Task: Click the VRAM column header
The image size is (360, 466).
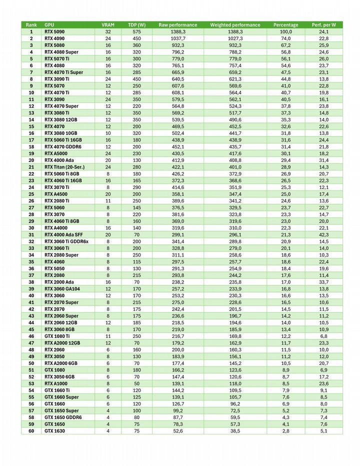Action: (x=107, y=25)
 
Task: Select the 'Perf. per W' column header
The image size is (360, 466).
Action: (x=323, y=25)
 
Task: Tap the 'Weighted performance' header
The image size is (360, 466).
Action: (x=235, y=25)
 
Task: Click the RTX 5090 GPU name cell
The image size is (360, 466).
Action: (x=58, y=31)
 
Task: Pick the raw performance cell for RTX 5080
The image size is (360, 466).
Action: (x=177, y=45)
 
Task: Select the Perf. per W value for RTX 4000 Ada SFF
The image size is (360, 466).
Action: (x=323, y=234)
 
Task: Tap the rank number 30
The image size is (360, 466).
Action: (x=31, y=228)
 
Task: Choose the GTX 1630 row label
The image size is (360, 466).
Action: (x=54, y=430)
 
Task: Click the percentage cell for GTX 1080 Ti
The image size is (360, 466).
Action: (x=285, y=336)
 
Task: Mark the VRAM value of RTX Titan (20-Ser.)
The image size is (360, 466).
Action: (x=107, y=167)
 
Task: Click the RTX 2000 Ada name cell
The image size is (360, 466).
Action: (x=59, y=282)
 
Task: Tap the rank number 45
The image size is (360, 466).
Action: (x=31, y=329)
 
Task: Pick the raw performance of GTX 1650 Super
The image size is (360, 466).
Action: (x=177, y=410)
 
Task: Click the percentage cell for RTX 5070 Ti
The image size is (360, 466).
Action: (x=285, y=58)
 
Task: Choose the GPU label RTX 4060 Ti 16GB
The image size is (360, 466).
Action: (x=63, y=180)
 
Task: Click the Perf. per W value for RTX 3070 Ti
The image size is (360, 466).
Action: (x=323, y=187)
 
